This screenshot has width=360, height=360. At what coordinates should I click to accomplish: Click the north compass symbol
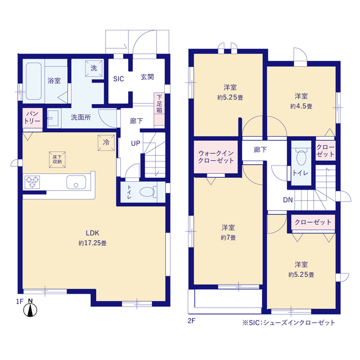[x=32, y=308]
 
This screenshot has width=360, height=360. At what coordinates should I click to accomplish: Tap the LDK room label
[x=93, y=232]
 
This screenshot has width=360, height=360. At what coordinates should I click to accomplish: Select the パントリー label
[x=31, y=118]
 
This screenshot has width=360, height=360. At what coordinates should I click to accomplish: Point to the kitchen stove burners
[x=33, y=182]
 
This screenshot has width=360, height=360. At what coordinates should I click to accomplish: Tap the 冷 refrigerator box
[x=105, y=142]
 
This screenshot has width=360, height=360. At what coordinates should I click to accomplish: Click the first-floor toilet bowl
[x=147, y=191]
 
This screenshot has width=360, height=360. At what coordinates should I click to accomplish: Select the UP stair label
[x=136, y=143]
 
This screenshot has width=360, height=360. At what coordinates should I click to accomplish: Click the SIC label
[x=119, y=79]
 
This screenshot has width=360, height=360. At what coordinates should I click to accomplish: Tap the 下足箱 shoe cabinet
[x=160, y=103]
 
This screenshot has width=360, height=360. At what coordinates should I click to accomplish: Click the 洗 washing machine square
[x=93, y=67]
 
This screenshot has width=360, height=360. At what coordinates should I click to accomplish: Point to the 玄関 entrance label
[x=147, y=78]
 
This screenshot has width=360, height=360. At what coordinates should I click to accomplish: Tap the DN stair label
[x=287, y=200]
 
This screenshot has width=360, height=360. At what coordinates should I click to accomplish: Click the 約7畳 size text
[x=228, y=237]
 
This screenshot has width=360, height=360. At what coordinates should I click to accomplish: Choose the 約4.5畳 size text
[x=301, y=105]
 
